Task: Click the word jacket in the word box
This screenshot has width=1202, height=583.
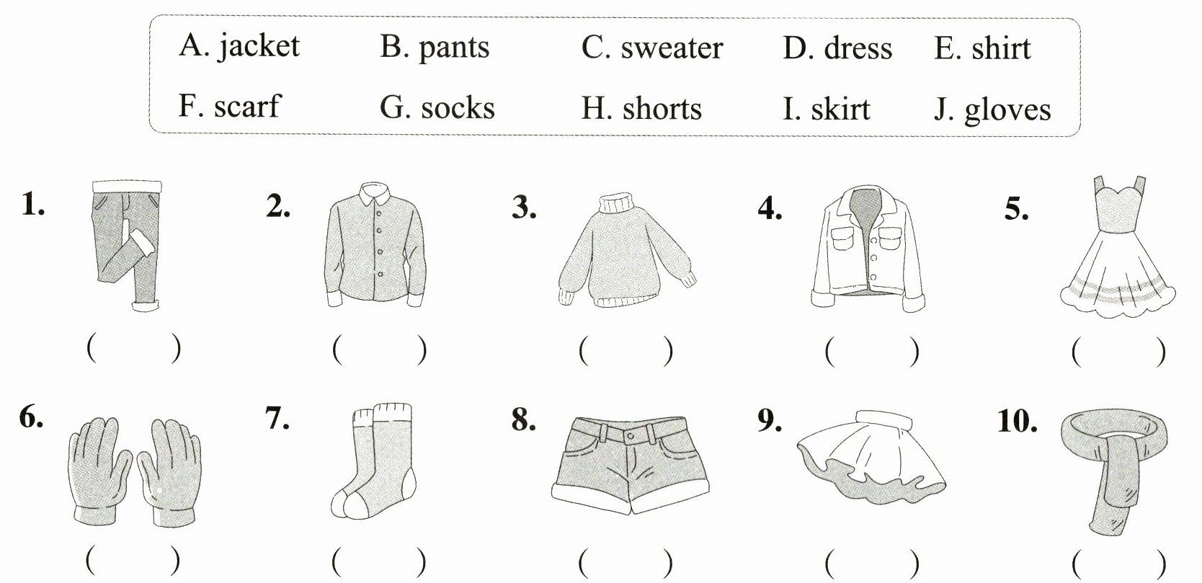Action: point(259,47)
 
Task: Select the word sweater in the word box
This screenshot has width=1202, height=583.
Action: point(671,48)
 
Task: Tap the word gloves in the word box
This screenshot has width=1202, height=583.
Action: point(1007,110)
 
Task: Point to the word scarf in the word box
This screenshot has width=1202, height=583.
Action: point(246,107)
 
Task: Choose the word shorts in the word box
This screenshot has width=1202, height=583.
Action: point(662,109)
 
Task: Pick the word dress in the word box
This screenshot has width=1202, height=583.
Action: point(858,48)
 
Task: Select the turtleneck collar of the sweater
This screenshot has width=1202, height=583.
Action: point(617,203)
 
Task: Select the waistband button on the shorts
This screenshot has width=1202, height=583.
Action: point(631,437)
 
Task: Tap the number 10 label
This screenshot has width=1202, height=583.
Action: point(1017,422)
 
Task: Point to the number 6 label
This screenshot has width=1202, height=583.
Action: point(30,417)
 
